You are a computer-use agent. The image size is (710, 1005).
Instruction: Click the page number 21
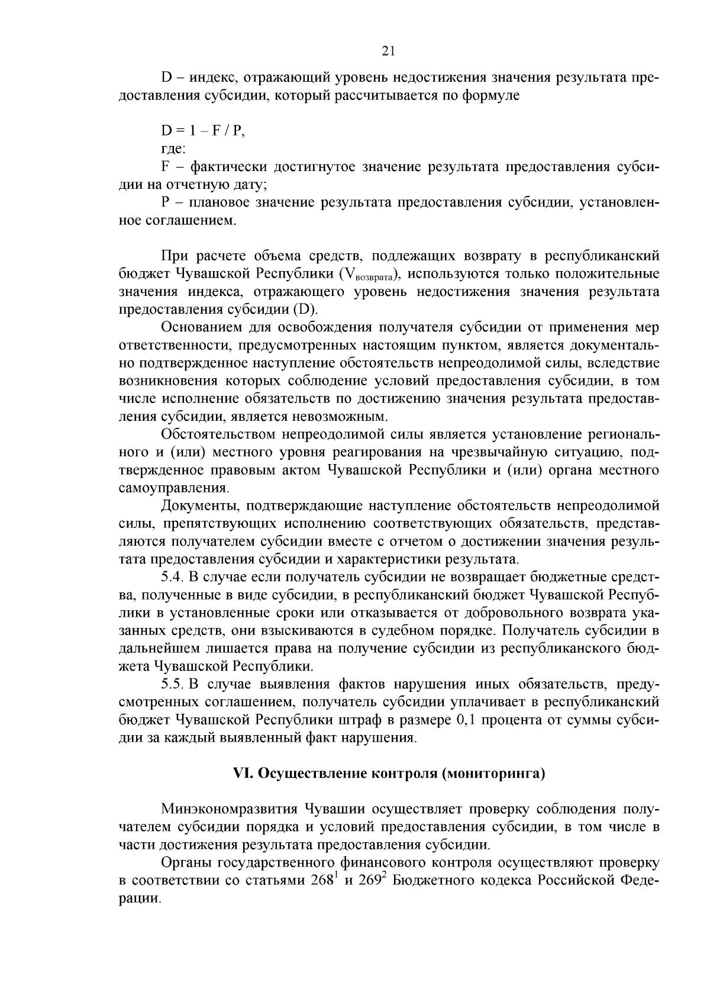tap(388, 51)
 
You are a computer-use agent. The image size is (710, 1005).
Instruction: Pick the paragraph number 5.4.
tap(173, 576)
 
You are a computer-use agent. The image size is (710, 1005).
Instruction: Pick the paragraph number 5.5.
tap(173, 684)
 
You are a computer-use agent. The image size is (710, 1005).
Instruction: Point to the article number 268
tap(322, 880)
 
